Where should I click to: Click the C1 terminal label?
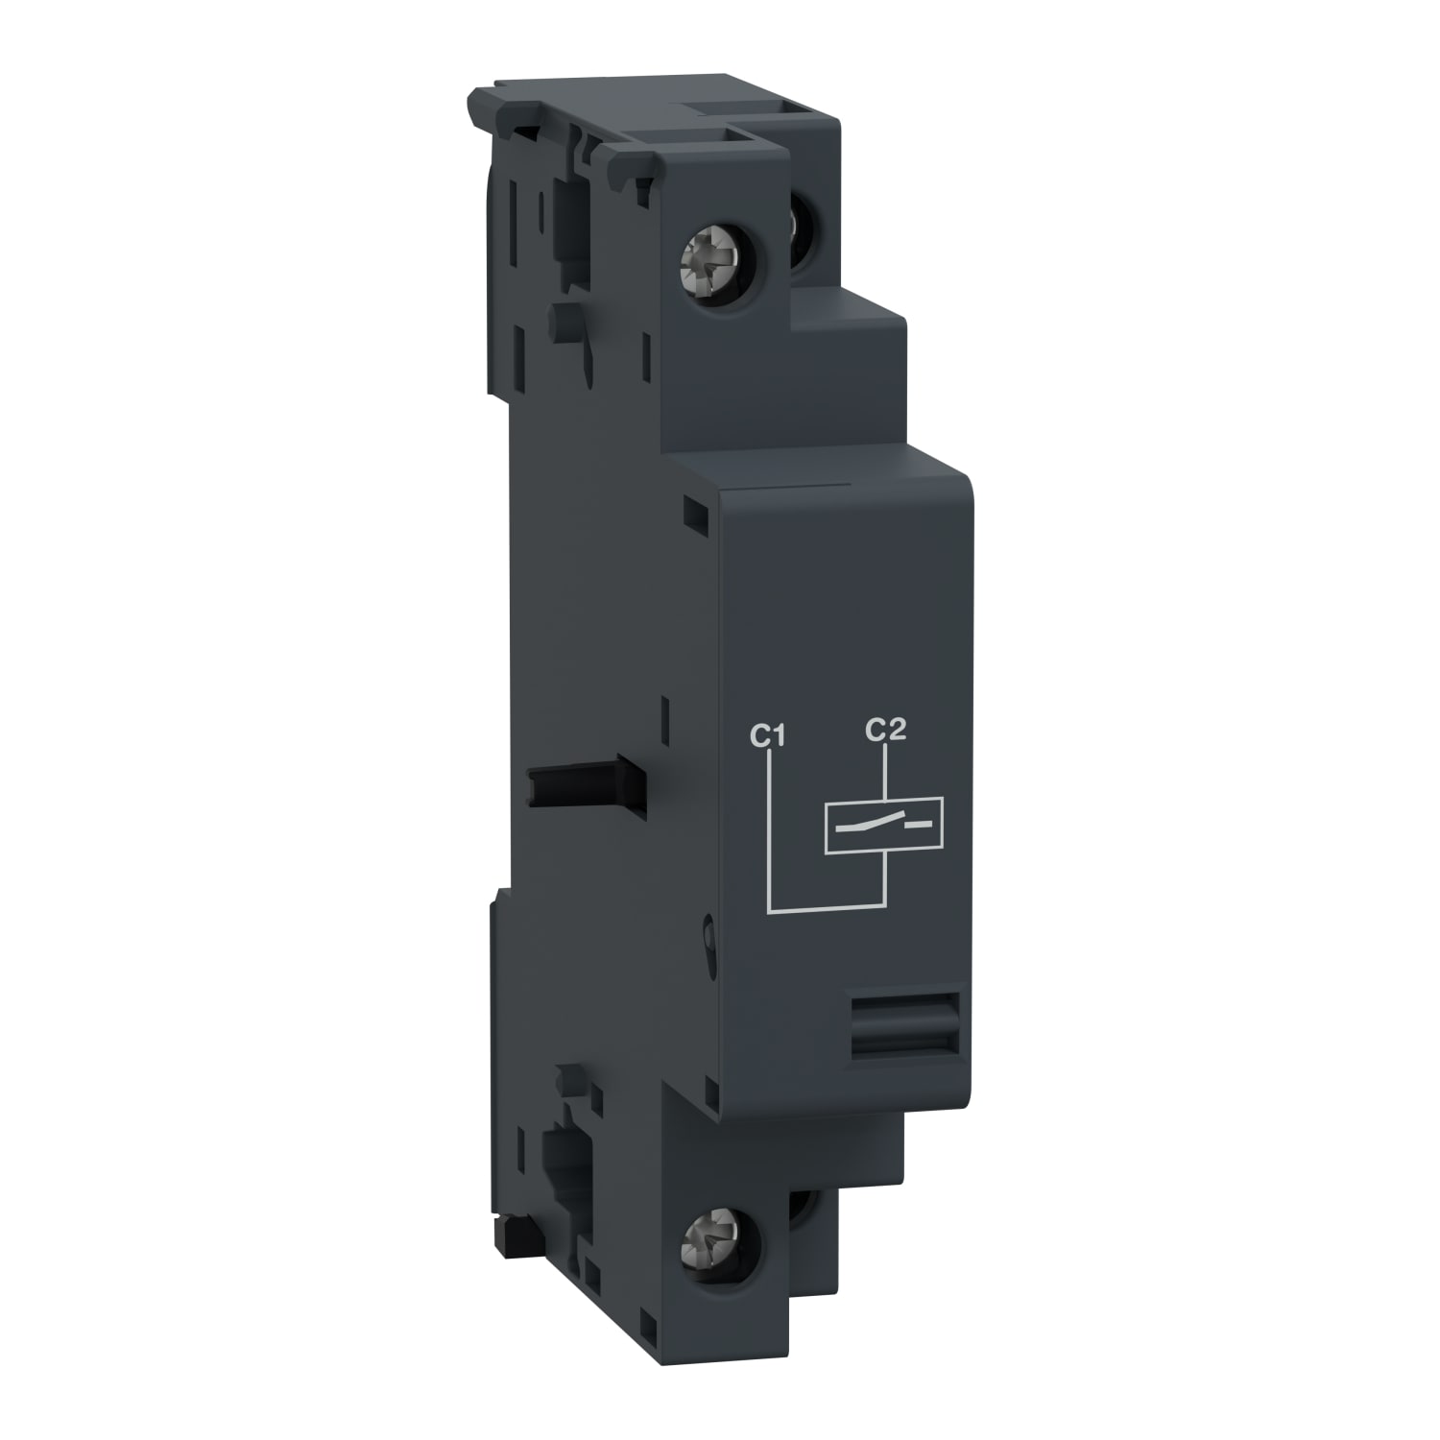coord(768,737)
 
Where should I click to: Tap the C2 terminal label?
coord(884,732)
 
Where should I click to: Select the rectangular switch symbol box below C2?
coord(884,824)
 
